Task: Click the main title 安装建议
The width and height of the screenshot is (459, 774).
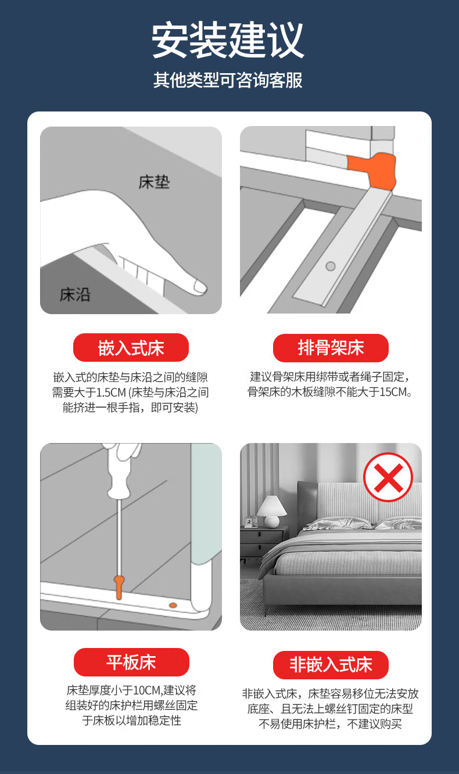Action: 228,39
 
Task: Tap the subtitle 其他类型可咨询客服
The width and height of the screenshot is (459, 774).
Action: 228,80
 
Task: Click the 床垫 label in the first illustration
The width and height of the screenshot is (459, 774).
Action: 154,182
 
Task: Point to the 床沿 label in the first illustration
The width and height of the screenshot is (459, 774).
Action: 75,294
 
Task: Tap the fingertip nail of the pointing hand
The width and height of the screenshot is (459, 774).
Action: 199,286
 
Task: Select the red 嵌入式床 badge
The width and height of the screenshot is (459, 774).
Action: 131,348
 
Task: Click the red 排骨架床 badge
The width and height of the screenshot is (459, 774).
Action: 331,348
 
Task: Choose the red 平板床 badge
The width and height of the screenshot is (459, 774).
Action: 131,662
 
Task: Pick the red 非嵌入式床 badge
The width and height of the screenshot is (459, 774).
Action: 331,665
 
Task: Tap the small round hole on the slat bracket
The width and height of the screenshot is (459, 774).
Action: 331,266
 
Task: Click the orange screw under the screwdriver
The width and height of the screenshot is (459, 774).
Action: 119,588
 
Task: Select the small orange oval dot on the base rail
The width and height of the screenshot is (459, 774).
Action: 173,605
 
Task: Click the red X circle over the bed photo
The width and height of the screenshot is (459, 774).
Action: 388,477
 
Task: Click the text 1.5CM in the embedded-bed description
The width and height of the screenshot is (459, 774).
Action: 111,393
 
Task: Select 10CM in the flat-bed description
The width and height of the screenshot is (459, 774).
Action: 148,690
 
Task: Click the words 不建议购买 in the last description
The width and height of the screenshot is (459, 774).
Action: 374,724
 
